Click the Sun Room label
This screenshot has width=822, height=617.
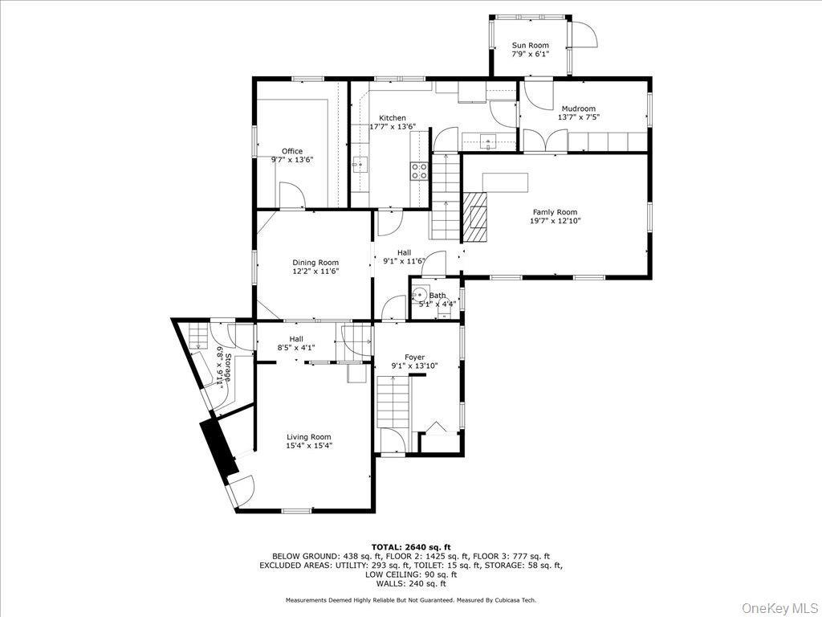pos(530,45)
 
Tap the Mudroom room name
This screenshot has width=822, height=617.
pos(578,108)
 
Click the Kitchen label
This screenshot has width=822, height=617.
pos(393,118)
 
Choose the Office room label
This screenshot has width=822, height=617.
pos(292,151)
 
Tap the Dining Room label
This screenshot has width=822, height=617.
pos(315,263)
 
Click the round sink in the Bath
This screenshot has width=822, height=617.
pos(419,295)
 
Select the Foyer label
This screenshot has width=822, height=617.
pos(414,357)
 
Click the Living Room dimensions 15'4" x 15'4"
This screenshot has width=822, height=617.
pos(309,446)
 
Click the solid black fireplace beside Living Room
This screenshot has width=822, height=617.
pos(218,447)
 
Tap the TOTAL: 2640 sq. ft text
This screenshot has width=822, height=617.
pos(411,547)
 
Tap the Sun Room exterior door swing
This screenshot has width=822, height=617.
pos(584,35)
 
